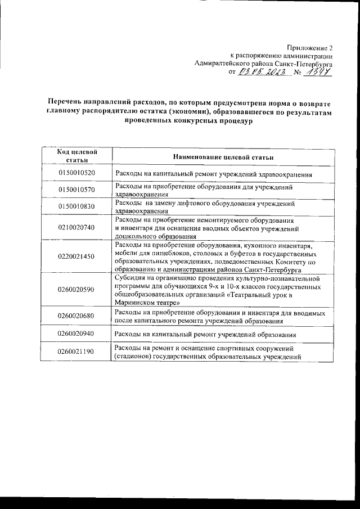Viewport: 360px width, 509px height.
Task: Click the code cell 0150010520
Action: (76, 173)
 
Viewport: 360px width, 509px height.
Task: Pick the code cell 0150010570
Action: (76, 190)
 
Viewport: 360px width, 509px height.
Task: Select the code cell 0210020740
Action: (76, 227)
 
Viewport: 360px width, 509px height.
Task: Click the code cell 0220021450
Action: (76, 256)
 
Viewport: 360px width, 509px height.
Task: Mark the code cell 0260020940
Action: (76, 334)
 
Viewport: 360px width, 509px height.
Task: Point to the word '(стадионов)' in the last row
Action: (134, 357)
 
